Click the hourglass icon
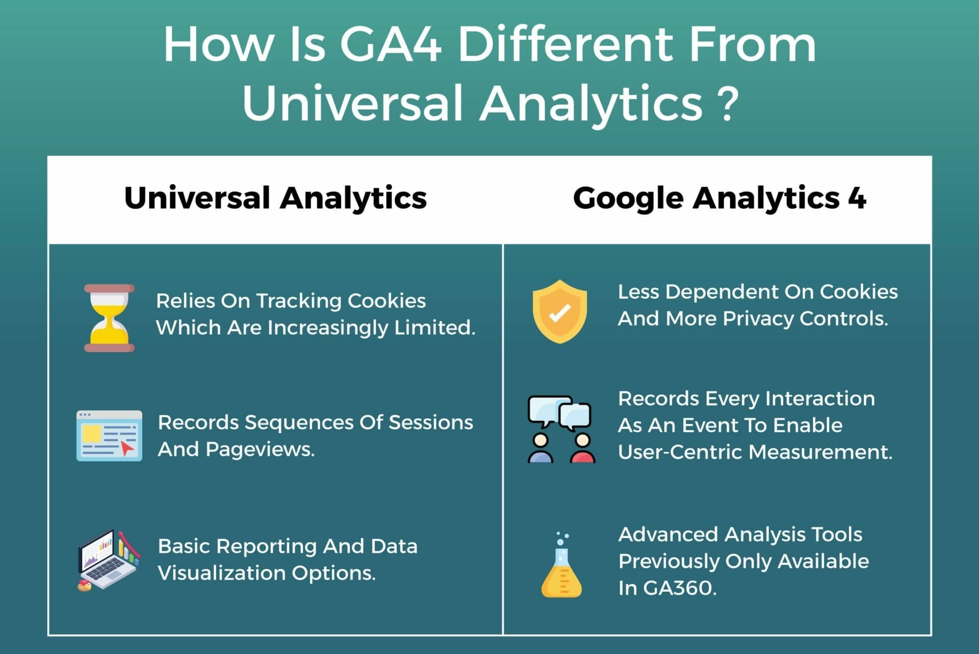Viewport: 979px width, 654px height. [109, 318]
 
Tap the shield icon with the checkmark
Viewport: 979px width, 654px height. [559, 311]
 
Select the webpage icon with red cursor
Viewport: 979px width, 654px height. [109, 436]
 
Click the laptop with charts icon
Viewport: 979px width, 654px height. [109, 560]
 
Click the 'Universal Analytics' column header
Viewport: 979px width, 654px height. [275, 198]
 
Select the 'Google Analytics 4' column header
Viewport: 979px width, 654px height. [719, 198]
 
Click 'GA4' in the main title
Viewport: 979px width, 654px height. [391, 44]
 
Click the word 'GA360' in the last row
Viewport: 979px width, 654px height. [680, 588]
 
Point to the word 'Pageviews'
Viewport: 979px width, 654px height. [260, 449]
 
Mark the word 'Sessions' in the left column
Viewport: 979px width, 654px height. [431, 422]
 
